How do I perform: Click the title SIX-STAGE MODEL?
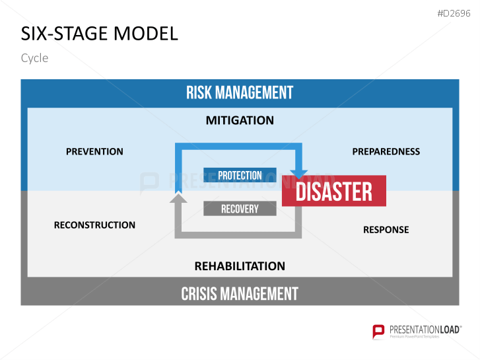(99, 34)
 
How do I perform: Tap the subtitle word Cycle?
(34, 58)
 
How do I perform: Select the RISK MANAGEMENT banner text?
(240, 92)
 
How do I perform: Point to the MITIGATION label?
(240, 120)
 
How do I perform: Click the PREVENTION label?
(94, 151)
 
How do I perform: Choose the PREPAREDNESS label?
(386, 151)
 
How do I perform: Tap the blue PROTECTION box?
(240, 175)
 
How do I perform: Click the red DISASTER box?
(334, 192)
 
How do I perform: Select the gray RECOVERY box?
(240, 209)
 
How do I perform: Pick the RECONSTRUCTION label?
(94, 225)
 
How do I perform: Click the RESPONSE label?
(386, 230)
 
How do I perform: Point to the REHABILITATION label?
(240, 266)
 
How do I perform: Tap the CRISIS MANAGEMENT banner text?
(240, 293)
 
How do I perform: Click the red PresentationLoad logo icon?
(378, 331)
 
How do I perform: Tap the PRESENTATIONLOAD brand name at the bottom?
(425, 328)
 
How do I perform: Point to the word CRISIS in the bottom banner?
(199, 293)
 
